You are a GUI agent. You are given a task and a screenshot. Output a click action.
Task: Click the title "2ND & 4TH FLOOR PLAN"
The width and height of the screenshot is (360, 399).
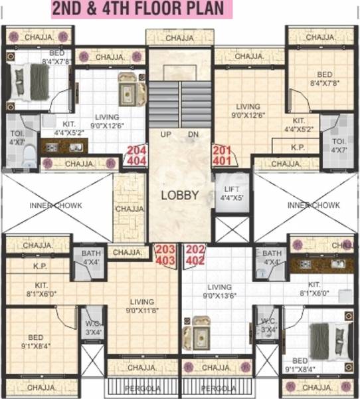[x=141, y=9]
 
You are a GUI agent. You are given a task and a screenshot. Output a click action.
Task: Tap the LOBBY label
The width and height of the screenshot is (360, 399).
[x=179, y=195]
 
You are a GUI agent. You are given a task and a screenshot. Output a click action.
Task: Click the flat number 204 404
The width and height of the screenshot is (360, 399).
[x=136, y=156]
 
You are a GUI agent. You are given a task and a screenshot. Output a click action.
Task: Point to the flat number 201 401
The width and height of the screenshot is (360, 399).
[x=222, y=156]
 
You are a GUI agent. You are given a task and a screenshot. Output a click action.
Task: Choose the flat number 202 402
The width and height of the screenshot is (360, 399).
[x=195, y=255]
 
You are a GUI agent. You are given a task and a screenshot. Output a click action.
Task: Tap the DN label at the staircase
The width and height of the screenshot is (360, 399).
[x=193, y=134]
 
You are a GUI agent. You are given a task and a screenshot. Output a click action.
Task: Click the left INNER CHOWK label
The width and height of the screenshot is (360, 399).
[x=56, y=205]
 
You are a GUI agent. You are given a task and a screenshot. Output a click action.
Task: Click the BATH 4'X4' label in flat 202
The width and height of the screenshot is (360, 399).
[x=271, y=257]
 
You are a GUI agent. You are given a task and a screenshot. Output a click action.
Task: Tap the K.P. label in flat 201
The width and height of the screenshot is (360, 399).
[x=297, y=147]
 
